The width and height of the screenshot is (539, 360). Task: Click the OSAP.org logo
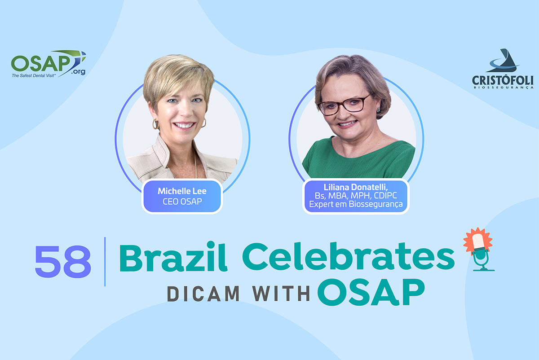click(49, 64)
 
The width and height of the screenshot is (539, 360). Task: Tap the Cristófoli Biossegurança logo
click(503, 69)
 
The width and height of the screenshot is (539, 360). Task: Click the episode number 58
click(63, 262)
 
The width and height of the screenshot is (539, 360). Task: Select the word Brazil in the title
click(173, 257)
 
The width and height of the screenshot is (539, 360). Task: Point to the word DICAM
click(203, 294)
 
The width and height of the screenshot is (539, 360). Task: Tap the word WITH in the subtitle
click(281, 294)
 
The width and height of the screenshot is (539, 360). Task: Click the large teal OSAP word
click(371, 292)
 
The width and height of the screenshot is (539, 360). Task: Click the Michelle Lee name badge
click(182, 197)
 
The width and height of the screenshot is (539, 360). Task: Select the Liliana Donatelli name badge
click(356, 196)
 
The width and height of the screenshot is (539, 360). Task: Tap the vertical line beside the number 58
click(105, 262)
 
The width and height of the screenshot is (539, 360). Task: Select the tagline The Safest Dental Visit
click(33, 76)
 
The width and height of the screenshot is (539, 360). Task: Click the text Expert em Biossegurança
click(356, 204)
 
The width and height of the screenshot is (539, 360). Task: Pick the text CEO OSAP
click(182, 202)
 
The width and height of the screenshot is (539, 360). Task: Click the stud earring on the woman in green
click(379, 110)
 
